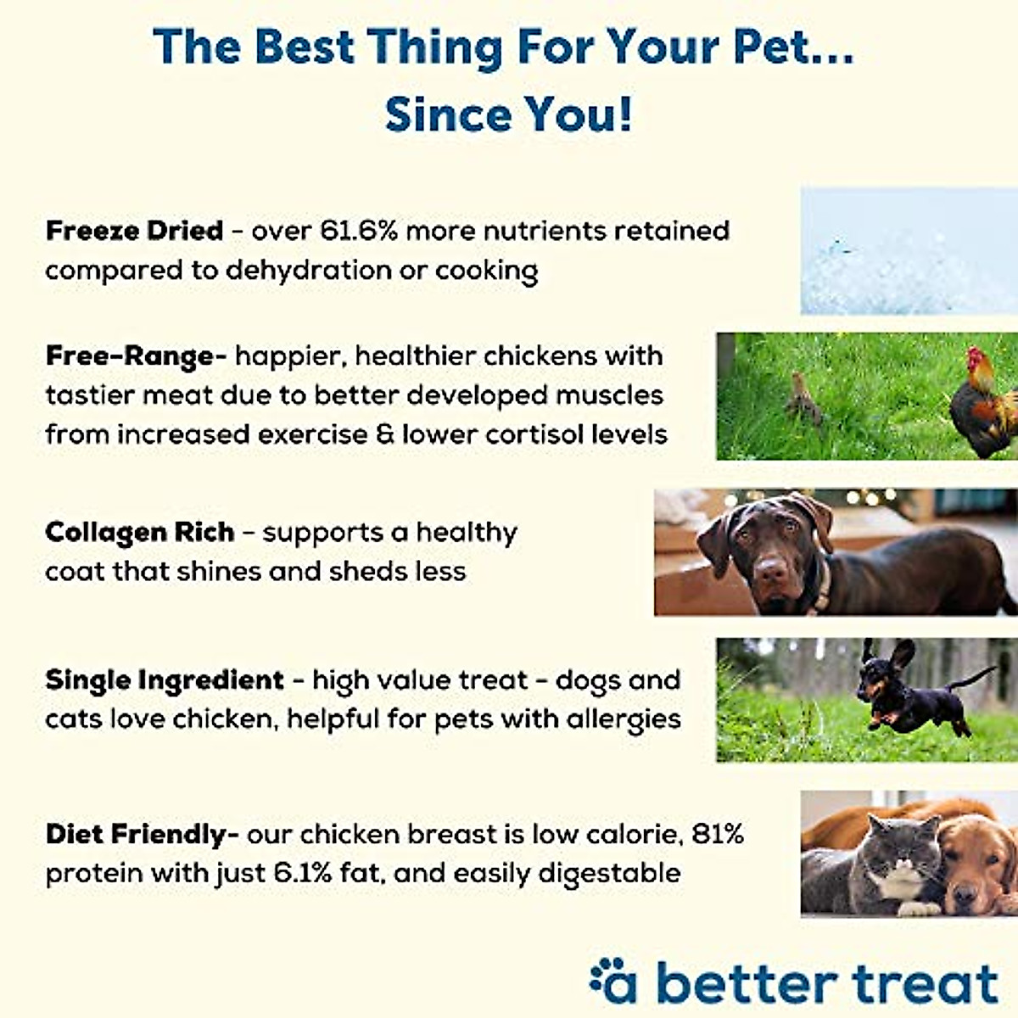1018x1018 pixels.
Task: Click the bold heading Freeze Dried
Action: click(x=134, y=231)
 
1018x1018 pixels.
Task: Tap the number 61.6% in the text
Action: click(x=359, y=231)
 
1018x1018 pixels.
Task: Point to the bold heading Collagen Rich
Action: click(x=139, y=533)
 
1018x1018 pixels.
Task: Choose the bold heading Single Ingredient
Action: click(x=164, y=680)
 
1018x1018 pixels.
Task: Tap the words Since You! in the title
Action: click(x=508, y=115)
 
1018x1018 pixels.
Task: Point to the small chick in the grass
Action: click(x=803, y=399)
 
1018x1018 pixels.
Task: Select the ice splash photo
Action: click(x=908, y=251)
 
